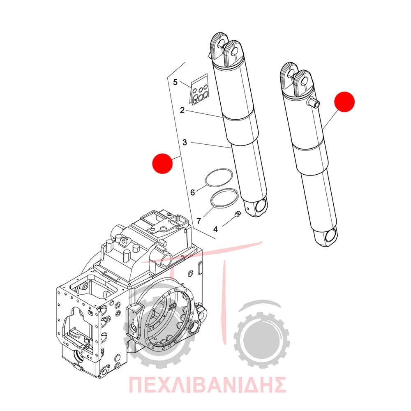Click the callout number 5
point(175,82)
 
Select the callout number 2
point(182,110)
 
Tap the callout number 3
point(185,143)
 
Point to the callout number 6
point(193,193)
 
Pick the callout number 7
point(199,221)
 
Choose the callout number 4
point(215,229)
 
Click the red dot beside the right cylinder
point(344,102)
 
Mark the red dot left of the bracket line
point(162,164)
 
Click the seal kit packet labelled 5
point(199,90)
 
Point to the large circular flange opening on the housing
point(166,317)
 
